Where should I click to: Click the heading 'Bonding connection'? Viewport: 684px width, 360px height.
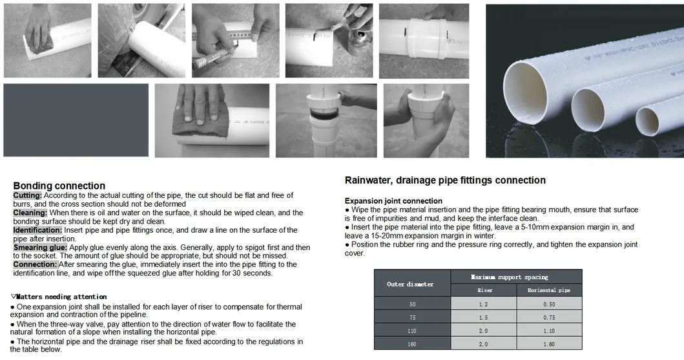(59, 186)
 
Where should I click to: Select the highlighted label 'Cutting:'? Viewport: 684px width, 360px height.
(27, 195)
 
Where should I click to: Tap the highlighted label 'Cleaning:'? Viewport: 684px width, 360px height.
(30, 213)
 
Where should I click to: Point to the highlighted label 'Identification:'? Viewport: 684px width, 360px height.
(37, 230)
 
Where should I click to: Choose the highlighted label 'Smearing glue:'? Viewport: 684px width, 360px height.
(39, 248)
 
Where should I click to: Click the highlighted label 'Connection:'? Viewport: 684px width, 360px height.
(35, 264)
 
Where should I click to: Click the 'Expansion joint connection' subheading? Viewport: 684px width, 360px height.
(393, 201)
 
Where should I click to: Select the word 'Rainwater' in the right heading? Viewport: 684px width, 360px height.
(366, 180)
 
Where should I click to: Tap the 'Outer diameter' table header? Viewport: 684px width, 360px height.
(410, 284)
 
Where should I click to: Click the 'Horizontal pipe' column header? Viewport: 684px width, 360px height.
(549, 290)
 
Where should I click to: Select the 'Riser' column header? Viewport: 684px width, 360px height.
(484, 290)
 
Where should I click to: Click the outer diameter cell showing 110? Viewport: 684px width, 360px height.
(413, 331)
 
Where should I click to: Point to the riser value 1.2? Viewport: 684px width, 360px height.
(484, 303)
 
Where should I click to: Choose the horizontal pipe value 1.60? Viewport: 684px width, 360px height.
(549, 344)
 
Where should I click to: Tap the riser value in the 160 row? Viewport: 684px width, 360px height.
(484, 344)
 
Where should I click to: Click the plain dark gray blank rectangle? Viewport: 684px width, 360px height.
(76, 120)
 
